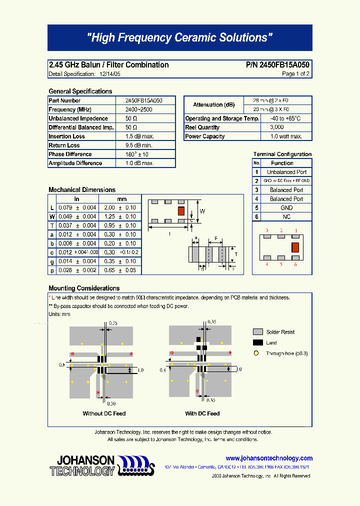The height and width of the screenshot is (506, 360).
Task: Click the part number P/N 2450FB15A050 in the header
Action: tap(277, 65)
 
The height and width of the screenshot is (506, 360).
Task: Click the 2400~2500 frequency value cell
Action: tap(138, 109)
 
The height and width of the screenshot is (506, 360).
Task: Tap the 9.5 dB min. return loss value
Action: tap(138, 145)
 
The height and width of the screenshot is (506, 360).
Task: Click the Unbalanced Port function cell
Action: tap(286, 172)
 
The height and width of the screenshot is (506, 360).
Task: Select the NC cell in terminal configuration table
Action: tap(286, 217)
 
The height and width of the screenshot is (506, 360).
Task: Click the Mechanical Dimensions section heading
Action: tap(82, 190)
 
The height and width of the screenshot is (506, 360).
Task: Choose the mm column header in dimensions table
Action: tap(122, 199)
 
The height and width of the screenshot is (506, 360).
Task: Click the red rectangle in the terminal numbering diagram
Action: tap(295, 246)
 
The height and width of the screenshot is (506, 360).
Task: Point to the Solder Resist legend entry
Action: tap(280, 332)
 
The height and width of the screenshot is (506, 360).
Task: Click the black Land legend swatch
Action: tap(258, 343)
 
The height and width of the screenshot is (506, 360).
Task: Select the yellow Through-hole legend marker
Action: tap(256, 353)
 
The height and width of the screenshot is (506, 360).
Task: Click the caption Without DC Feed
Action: tap(104, 413)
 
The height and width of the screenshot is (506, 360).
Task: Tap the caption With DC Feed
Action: tap(202, 413)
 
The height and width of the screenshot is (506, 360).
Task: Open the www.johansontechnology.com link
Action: tap(269, 458)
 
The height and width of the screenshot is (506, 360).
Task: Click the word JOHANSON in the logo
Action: tap(85, 460)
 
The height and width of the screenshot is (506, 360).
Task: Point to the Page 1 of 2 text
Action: tap(295, 74)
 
